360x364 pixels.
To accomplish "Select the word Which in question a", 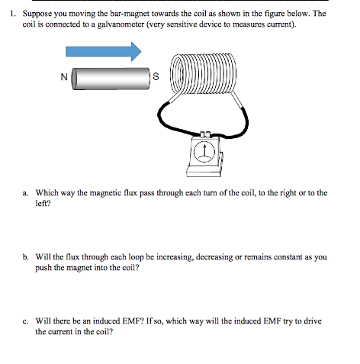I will [x=47, y=194].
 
